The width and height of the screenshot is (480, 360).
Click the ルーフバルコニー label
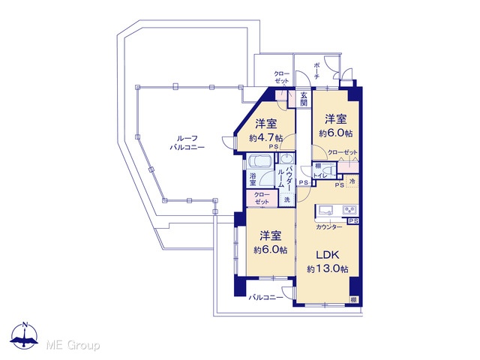(187, 142)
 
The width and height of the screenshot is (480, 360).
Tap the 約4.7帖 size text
(265, 137)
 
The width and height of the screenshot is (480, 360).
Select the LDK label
(327, 255)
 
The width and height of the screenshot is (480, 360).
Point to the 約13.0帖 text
(328, 268)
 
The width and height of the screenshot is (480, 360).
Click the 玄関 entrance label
(303, 98)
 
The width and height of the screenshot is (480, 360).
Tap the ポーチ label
(316, 71)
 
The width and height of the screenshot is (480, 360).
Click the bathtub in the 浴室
(260, 160)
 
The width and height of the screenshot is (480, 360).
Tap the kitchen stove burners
(349, 210)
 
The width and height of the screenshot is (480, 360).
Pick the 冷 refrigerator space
(352, 181)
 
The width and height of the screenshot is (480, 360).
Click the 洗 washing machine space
(286, 200)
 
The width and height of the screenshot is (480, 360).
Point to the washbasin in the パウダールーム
(286, 158)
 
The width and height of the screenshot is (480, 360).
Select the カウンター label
(329, 226)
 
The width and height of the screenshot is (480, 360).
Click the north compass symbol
(25, 335)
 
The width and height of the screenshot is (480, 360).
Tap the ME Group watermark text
(73, 345)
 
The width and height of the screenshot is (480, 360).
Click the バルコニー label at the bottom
(265, 297)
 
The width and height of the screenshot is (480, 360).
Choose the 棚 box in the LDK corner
(354, 299)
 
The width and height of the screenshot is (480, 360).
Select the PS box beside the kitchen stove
(353, 220)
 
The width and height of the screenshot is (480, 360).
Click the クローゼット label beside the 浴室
(262, 198)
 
